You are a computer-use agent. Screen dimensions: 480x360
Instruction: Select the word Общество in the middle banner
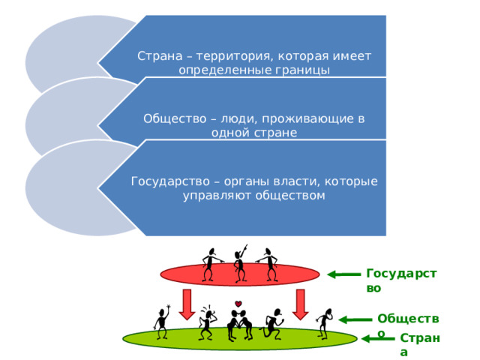point(175,118)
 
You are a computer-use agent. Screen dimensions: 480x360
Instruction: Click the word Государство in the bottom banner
point(170,181)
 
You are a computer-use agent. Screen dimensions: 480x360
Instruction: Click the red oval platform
point(240,274)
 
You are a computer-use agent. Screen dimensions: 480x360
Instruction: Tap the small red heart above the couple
point(238,304)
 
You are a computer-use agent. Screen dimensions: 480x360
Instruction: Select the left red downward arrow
point(187,304)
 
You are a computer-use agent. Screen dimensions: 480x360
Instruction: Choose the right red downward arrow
point(300,304)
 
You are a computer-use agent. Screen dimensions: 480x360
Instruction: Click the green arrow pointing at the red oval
point(343,274)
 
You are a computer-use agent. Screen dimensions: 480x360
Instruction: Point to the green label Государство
point(401,280)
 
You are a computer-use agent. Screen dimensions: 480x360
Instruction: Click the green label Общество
point(408,325)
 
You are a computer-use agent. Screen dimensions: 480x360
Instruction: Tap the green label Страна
point(420,344)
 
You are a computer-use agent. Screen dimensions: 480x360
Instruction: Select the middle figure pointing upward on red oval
point(240,263)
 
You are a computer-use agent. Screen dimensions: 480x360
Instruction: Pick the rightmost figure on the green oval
point(325,324)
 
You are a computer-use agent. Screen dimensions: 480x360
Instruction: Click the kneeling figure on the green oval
point(271,325)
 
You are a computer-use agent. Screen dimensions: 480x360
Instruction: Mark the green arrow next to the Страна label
point(378,338)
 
